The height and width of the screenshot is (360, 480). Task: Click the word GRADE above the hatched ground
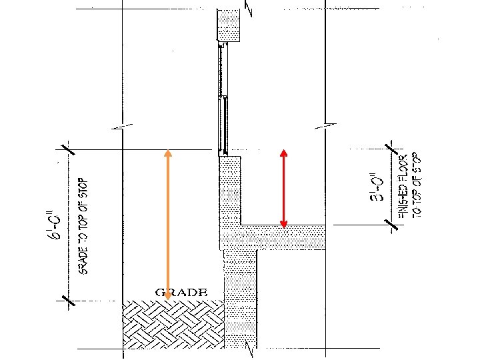pos(181,292)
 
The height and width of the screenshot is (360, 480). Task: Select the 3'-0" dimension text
pos(378,187)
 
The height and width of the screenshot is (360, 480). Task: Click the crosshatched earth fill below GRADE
pos(172,323)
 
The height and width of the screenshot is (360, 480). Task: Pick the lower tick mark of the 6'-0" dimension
pos(67,301)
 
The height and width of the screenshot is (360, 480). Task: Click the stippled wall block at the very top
pos(229,25)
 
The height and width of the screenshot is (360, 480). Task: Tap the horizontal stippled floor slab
pos(280,237)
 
